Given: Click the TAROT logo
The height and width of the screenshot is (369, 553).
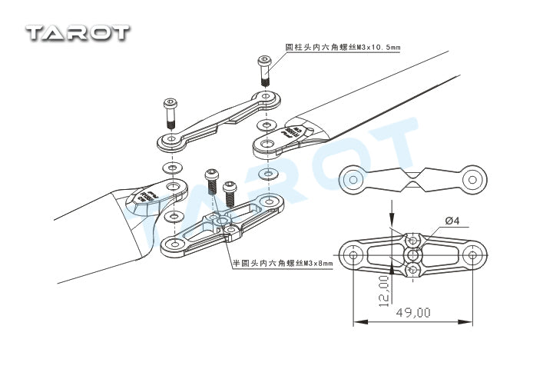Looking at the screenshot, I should pyautogui.click(x=78, y=32).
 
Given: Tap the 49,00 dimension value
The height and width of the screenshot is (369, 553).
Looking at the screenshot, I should pyautogui.click(x=413, y=312).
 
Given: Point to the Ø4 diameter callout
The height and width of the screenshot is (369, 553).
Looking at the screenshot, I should pyautogui.click(x=452, y=221).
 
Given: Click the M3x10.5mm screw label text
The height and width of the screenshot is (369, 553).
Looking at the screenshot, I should pyautogui.click(x=343, y=48).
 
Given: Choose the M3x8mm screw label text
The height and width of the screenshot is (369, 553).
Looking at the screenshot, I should pyautogui.click(x=283, y=263).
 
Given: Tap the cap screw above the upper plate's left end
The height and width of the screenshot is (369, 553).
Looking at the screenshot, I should pyautogui.click(x=171, y=114).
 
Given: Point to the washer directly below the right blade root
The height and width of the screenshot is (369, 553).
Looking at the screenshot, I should pyautogui.click(x=267, y=173).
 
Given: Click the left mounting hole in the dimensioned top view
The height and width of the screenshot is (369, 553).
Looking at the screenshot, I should pyautogui.click(x=353, y=254).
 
